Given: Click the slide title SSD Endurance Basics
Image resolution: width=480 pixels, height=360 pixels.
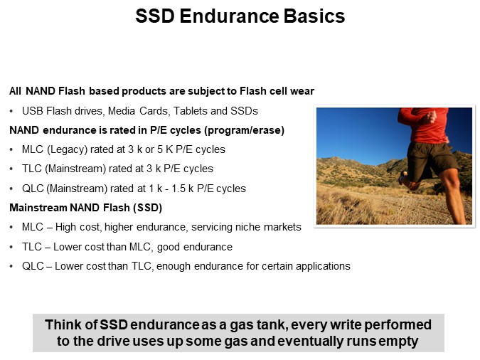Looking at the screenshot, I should [x=240, y=16].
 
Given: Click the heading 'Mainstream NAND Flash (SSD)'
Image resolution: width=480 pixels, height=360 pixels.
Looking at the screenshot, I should [x=86, y=208].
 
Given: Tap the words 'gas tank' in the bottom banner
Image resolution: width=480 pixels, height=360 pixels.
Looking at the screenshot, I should [x=230, y=324].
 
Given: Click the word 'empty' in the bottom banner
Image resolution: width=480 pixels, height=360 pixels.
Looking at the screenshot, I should [x=399, y=341].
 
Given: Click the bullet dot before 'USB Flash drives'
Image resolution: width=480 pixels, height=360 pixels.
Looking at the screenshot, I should [x=12, y=111].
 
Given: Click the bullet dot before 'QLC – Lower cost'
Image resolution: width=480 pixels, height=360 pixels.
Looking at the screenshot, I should [x=12, y=266].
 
